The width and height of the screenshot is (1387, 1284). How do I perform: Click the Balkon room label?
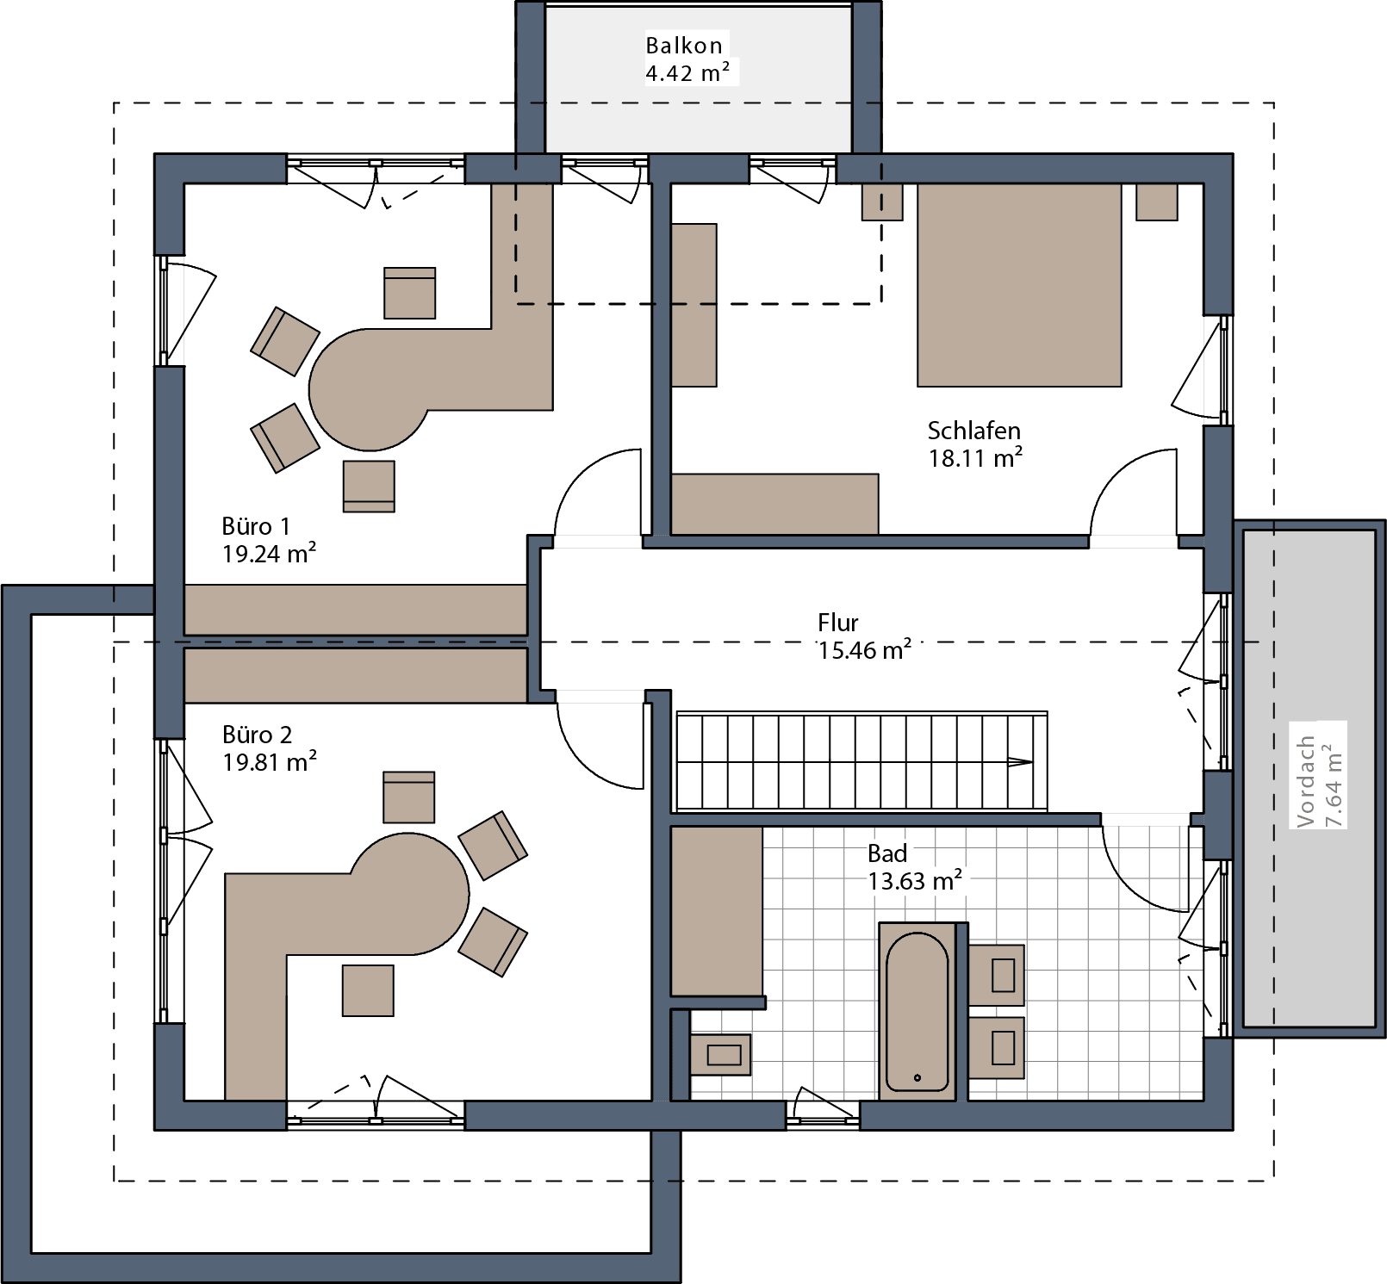pos(684,46)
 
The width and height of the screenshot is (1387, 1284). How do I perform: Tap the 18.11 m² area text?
pos(974,458)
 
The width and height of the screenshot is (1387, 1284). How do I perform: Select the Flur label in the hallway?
pos(837,623)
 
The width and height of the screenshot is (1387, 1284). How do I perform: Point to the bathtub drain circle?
pos(917,1077)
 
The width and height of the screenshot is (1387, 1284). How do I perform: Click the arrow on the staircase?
pos(1020,762)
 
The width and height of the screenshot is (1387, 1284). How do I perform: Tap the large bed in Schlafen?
pos(1019,285)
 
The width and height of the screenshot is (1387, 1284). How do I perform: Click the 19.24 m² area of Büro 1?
pos(268,554)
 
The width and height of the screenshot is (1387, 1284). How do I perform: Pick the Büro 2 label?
pos(257,735)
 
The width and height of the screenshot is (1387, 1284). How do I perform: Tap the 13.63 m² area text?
pos(913,881)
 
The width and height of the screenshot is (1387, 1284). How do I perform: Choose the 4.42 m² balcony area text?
pos(687,73)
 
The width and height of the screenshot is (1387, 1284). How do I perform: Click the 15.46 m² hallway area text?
pos(864,650)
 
